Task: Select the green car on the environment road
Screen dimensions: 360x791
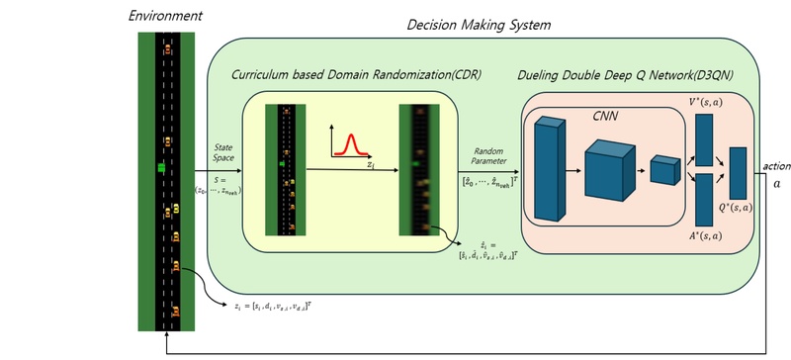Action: (161, 169)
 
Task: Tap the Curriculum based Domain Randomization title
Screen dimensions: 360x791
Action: (356, 74)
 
